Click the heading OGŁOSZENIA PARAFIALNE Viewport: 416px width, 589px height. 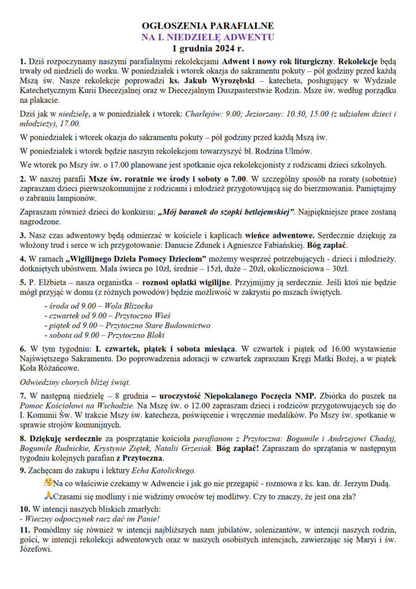pyautogui.click(x=208, y=26)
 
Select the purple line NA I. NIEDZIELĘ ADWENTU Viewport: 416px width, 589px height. pyautogui.click(x=208, y=37)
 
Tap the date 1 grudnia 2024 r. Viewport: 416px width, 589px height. pyautogui.click(x=208, y=48)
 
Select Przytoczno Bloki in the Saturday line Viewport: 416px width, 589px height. pyautogui.click(x=136, y=335)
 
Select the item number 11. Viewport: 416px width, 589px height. pyautogui.click(x=25, y=530)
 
